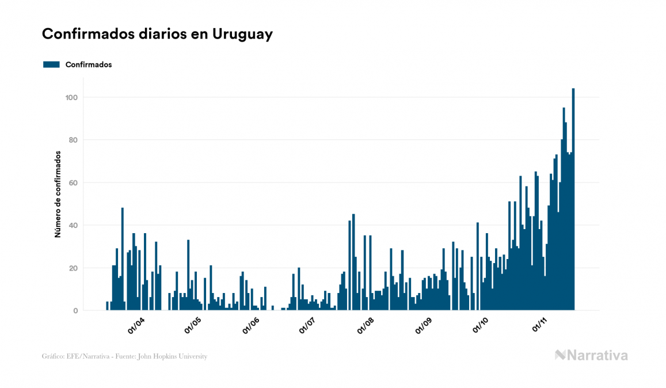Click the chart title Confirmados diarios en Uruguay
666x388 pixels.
point(157,34)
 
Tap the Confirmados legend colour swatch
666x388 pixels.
point(52,64)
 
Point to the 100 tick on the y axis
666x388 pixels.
point(71,97)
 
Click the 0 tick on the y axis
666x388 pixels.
point(75,310)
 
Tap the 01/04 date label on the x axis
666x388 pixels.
point(136,326)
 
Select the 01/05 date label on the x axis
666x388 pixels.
point(193,326)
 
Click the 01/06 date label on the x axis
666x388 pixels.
point(251,326)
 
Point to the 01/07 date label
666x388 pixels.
point(307,326)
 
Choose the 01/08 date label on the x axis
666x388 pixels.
point(366,326)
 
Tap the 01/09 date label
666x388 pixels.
point(423,326)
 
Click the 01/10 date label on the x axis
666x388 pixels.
point(480,326)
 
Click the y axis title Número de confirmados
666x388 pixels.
point(58,195)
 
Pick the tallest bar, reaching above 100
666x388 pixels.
point(573,199)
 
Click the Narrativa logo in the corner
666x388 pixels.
point(591,355)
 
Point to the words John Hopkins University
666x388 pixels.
point(178,356)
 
